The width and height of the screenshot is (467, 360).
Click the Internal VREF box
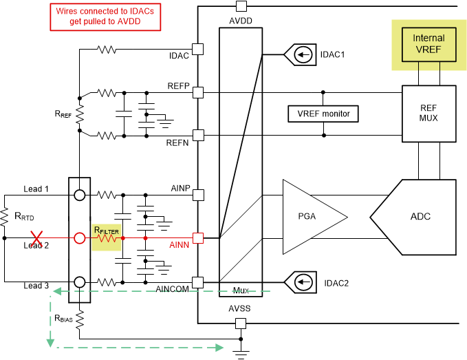click(428, 43)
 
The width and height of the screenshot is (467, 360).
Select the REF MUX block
click(428, 113)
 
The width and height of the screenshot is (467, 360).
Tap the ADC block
click(420, 216)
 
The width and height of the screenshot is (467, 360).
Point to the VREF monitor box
click(323, 114)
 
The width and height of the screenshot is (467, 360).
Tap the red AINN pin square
click(198, 238)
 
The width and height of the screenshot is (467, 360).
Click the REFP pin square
click(198, 92)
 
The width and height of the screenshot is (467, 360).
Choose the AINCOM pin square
click(198, 282)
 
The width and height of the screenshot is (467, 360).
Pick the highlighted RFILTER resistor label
click(107, 230)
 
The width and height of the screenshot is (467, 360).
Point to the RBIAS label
click(63, 319)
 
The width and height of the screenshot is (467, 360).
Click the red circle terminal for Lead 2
click(80, 238)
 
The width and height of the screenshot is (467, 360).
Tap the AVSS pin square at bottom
click(241, 324)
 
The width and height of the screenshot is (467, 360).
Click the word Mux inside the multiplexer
click(241, 291)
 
